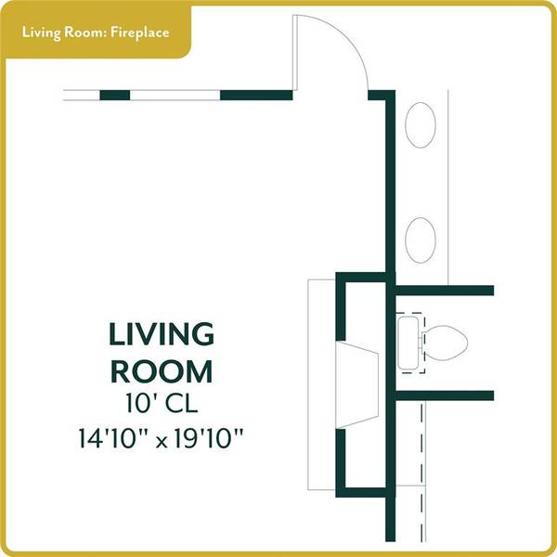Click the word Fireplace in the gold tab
pyautogui.click(x=139, y=33)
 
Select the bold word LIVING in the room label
pyautogui.click(x=162, y=334)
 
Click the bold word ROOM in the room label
pyautogui.click(x=162, y=371)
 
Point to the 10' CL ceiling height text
pyautogui.click(x=162, y=404)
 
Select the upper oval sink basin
pyautogui.click(x=421, y=124)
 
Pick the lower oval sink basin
pyautogui.click(x=421, y=240)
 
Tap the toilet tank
pyautogui.click(x=408, y=343)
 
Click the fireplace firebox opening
pyautogui.click(x=357, y=384)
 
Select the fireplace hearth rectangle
pyautogui.click(x=321, y=384)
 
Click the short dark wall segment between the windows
pyautogui.click(x=115, y=96)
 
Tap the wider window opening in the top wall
pyautogui.click(x=175, y=96)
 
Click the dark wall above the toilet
pyautogui.click(x=445, y=291)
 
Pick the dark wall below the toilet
pyautogui.click(x=445, y=395)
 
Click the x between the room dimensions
pyautogui.click(x=162, y=442)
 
